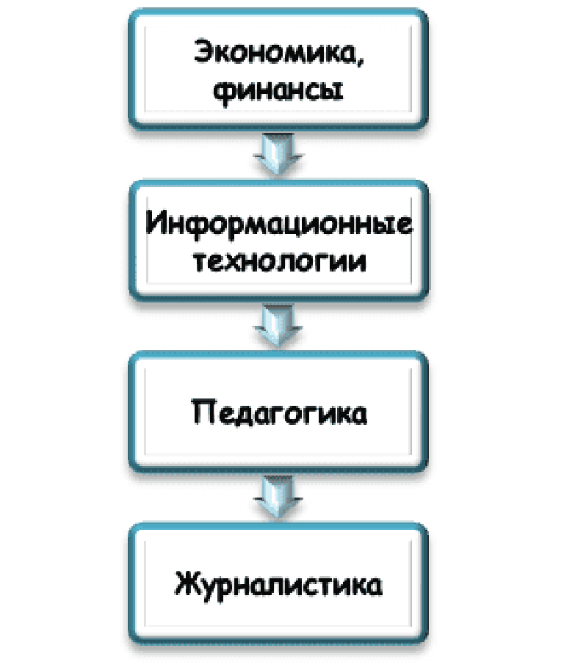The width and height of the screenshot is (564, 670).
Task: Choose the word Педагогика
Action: (279, 413)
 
